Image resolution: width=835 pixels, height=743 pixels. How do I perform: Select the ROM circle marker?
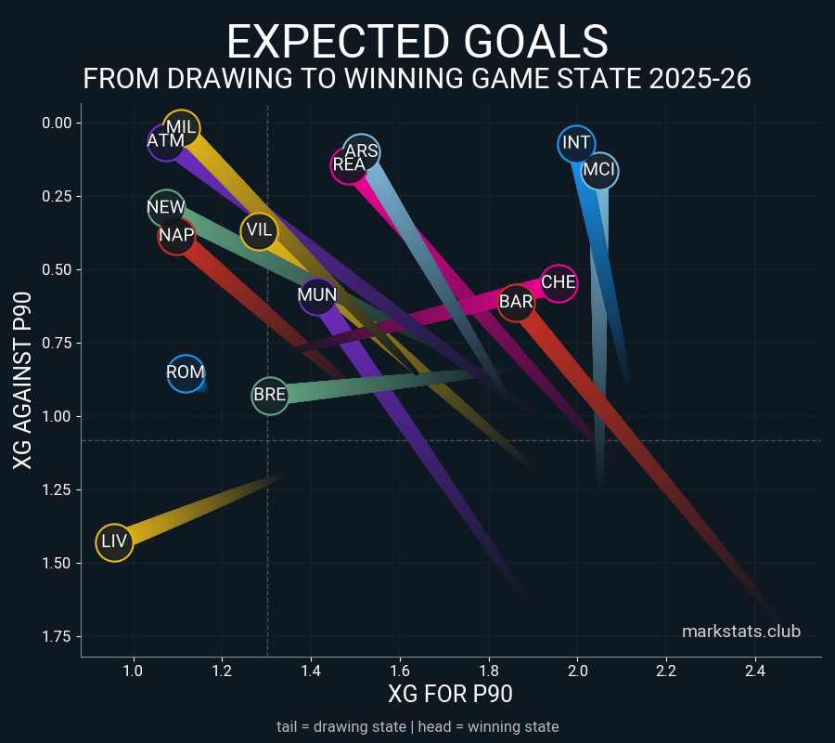click(186, 373)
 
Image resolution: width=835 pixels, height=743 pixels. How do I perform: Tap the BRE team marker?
click(270, 396)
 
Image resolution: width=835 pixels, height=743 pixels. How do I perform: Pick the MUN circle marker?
click(317, 296)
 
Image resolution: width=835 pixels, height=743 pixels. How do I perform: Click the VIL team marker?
click(259, 231)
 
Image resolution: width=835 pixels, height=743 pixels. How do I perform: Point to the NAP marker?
click(176, 236)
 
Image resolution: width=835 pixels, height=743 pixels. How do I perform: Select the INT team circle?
click(576, 144)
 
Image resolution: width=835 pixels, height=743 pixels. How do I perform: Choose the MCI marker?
click(599, 171)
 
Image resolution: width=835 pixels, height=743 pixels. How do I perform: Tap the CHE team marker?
click(559, 282)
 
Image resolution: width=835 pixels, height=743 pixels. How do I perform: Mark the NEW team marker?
click(166, 208)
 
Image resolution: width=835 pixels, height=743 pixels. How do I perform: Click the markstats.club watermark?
click(740, 632)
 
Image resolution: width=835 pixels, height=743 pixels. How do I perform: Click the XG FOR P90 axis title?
click(450, 695)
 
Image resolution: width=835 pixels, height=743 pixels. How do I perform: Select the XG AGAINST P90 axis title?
click(25, 381)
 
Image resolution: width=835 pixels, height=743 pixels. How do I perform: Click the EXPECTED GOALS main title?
click(417, 42)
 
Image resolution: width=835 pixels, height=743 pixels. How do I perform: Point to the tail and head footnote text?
click(417, 726)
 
